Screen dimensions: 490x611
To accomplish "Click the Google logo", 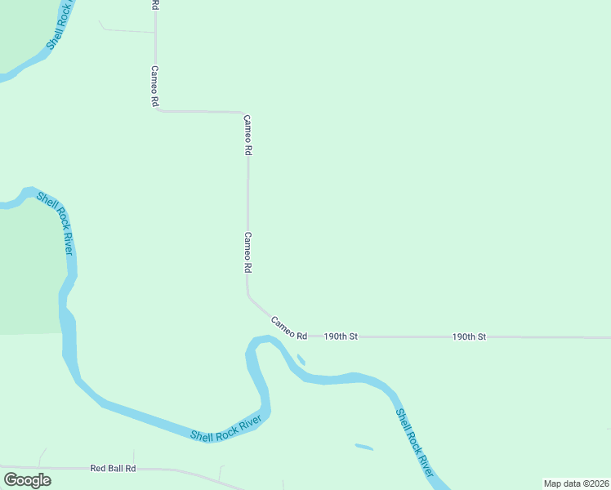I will pyautogui.click(x=27, y=479).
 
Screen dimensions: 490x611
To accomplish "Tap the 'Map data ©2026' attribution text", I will pyautogui.click(x=576, y=483).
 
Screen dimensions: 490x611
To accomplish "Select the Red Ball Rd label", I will pyautogui.click(x=113, y=468).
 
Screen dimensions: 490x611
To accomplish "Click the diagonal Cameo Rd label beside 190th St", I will pyautogui.click(x=288, y=328).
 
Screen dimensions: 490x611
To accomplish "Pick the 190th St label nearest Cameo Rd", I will pyautogui.click(x=341, y=336).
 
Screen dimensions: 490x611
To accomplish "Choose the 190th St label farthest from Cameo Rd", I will pyautogui.click(x=470, y=336).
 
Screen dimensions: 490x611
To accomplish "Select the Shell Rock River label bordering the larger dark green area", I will pyautogui.click(x=56, y=224).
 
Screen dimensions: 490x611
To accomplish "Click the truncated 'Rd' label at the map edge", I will pyautogui.click(x=155, y=5).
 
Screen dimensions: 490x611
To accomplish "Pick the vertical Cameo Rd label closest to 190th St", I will pyautogui.click(x=248, y=252).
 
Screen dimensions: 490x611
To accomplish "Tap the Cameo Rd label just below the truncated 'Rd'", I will pyautogui.click(x=154, y=87).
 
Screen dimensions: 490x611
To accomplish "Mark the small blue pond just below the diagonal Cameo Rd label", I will pyautogui.click(x=301, y=359).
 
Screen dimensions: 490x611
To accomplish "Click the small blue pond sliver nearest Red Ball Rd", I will pyautogui.click(x=364, y=447).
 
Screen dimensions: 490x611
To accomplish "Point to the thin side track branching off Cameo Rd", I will pyautogui.click(x=127, y=31).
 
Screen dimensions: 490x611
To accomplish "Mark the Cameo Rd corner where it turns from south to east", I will pyautogui.click(x=157, y=109).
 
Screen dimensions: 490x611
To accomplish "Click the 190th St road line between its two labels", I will pyautogui.click(x=404, y=336).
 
